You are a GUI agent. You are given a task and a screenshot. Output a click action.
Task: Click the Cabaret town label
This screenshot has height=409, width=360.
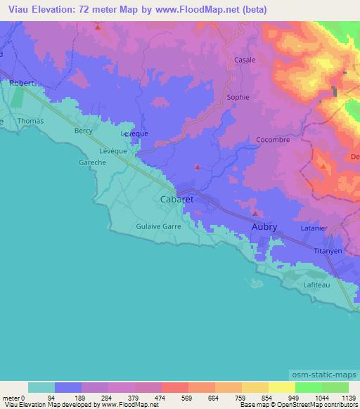pos(176,200)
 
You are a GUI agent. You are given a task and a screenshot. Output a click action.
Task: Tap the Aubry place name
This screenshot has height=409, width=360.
pos(264,226)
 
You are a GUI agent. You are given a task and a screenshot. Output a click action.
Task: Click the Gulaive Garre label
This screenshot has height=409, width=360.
pos(158,226)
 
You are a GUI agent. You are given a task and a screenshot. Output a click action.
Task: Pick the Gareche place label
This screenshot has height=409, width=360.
pos(92,162)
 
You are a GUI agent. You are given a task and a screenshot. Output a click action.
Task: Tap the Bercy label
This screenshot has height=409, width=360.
pos(84,131)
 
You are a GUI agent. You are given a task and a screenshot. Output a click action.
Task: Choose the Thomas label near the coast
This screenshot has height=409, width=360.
pos(30,121)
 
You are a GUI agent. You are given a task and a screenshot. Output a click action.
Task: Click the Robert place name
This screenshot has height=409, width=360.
pos(22,83)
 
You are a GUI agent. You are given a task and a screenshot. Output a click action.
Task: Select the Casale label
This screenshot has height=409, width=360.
pos(245,60)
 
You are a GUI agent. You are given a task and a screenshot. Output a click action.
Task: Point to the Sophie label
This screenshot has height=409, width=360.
pos(238,98)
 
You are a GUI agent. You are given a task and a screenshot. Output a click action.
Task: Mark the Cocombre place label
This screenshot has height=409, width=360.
pos(253,140)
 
